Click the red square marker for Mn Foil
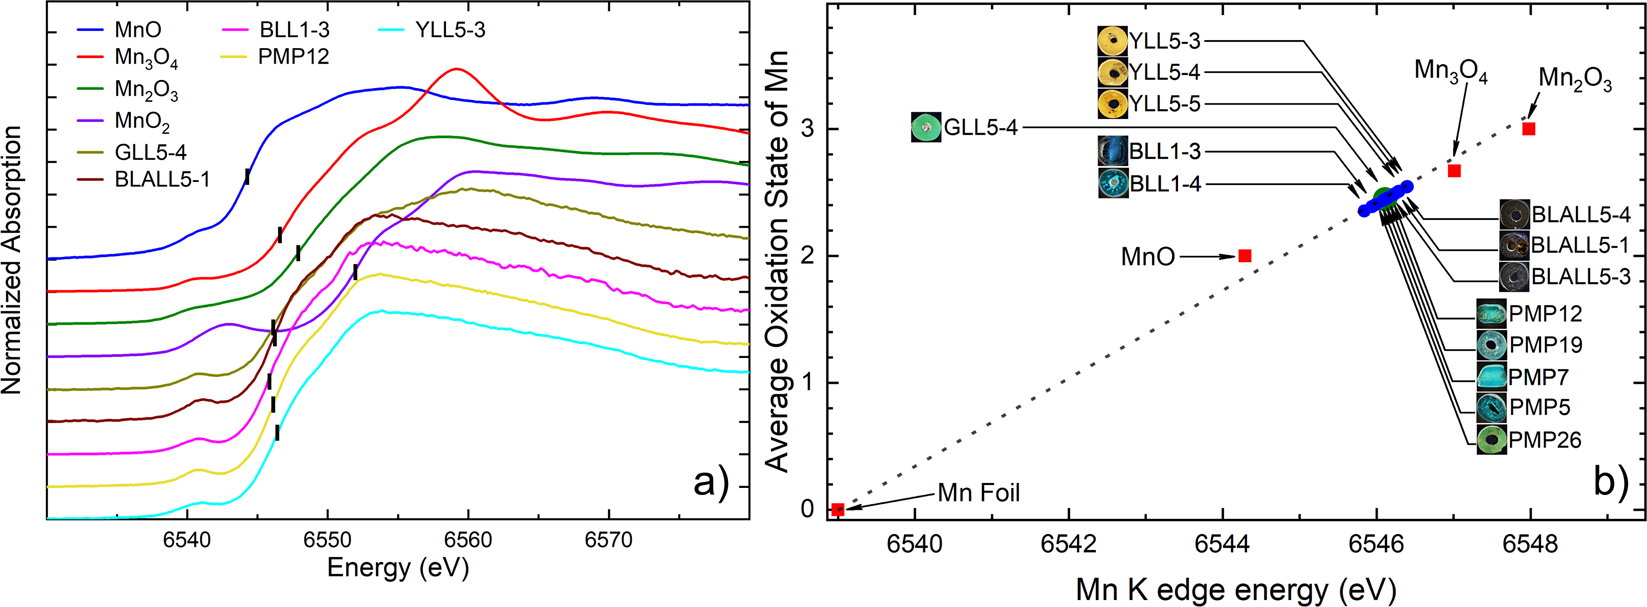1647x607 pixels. pos(838,510)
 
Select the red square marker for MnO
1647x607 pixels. pos(1245,256)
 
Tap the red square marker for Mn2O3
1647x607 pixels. pos(1529,129)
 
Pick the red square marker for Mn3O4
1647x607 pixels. pos(1455,171)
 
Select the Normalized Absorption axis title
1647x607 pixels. pos(13,259)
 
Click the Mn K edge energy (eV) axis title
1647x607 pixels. pos(1235,590)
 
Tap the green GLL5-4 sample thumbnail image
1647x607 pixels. pos(926,128)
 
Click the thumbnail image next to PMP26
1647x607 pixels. pos(1492,440)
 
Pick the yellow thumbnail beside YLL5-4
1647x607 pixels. pos(1113,72)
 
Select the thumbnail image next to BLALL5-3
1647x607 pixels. pos(1515,277)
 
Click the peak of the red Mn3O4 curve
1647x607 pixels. pos(457,69)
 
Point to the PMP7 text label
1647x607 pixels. pos(1539,377)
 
